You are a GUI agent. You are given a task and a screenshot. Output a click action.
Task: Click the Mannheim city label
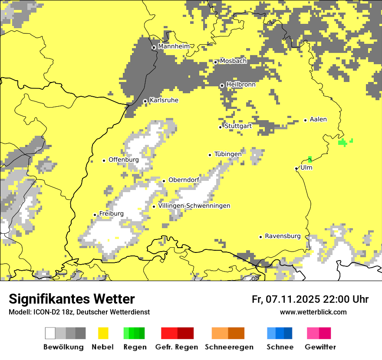coord(174,46)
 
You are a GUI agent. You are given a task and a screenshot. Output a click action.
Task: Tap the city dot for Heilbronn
coord(222,85)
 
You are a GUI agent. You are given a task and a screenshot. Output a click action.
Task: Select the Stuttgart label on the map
coord(238,126)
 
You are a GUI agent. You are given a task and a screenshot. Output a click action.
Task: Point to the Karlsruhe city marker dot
coord(145,101)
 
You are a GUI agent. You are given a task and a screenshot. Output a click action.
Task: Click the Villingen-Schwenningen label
coord(194,206)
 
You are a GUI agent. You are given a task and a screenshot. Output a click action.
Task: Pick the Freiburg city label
coord(111,214)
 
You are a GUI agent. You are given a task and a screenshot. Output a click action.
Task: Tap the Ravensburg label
coord(283,236)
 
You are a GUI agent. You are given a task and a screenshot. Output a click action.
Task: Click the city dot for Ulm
coord(296,169)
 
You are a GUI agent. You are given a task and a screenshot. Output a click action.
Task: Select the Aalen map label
coord(318,119)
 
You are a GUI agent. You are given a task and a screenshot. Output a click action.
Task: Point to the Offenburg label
coord(123,160)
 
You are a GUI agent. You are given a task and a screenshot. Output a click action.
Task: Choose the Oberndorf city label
coord(184,180)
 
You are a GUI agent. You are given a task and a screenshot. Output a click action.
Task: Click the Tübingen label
coord(228,154)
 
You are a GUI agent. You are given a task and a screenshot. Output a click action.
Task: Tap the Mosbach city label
coord(233,61)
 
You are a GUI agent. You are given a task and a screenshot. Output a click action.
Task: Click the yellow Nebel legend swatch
coord(103,333)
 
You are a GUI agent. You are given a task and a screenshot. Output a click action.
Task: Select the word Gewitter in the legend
coord(320,347)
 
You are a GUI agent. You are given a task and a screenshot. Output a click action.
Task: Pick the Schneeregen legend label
coord(229,347)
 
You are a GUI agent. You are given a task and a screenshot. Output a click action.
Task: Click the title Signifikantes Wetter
coord(72,299)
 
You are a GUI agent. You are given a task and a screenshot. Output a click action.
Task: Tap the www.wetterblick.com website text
coord(313,312)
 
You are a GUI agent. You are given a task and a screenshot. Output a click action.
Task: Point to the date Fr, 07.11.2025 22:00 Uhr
coord(310,299)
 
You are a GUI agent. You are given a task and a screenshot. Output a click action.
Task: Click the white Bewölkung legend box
coord(50,333)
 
